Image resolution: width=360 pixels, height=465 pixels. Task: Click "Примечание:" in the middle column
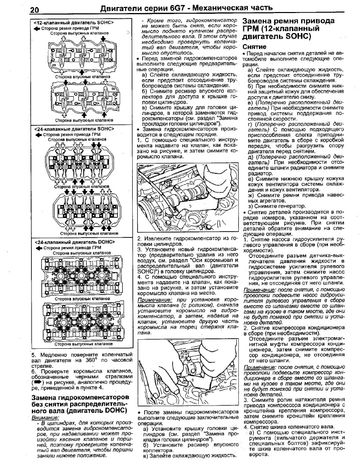[153, 299]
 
